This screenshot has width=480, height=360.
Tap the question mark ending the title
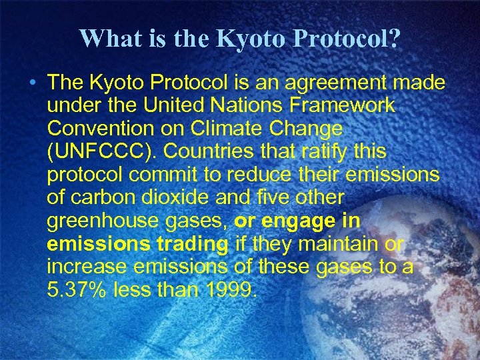click(x=395, y=39)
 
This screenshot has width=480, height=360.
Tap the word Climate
click(x=215, y=127)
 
